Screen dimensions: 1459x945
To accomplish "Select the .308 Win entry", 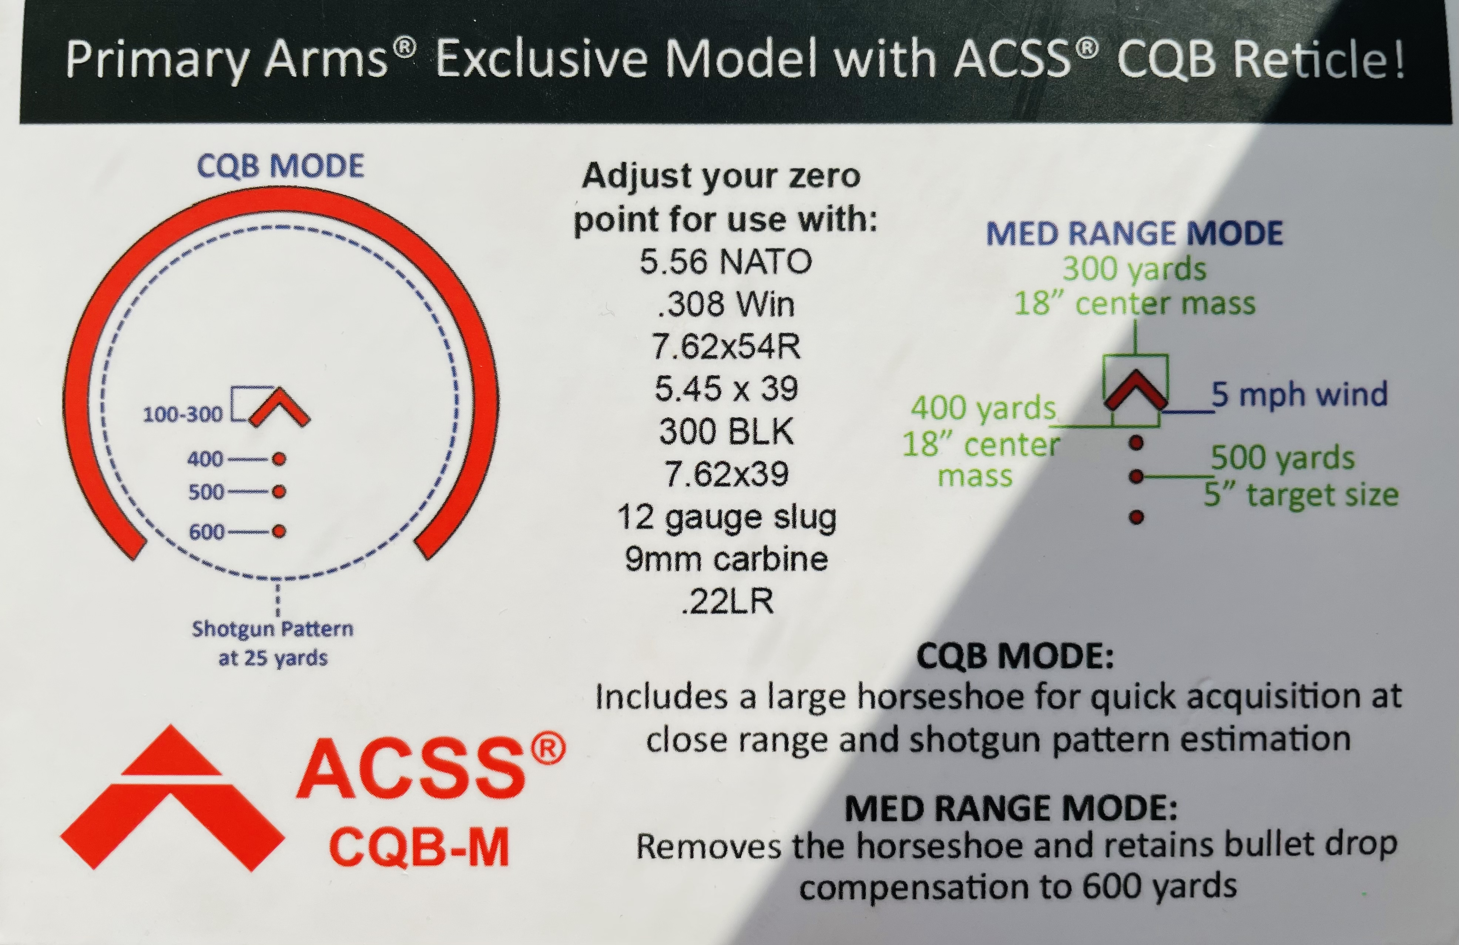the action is [x=726, y=304].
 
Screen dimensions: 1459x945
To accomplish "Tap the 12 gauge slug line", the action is [x=727, y=517].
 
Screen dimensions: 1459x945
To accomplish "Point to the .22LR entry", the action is [x=727, y=602].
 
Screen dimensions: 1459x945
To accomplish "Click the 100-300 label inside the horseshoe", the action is [x=183, y=415].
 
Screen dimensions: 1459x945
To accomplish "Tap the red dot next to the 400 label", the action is [x=279, y=459].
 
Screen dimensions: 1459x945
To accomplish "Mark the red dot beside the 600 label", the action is [x=279, y=531].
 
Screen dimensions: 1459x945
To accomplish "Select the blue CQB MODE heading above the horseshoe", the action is [x=281, y=166].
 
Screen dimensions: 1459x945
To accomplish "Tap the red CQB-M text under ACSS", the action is [x=419, y=847].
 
